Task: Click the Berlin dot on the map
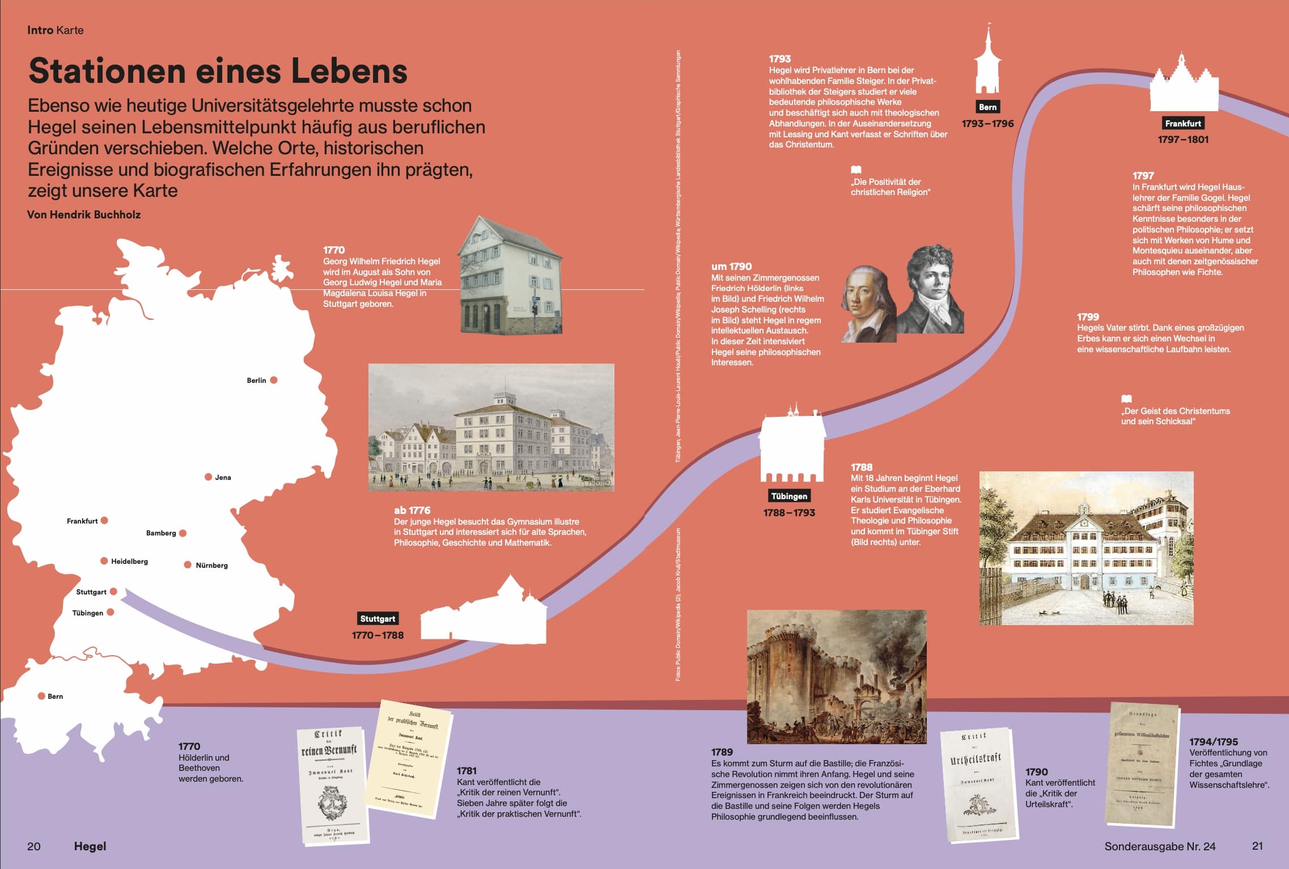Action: click(274, 380)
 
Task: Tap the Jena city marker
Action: click(208, 477)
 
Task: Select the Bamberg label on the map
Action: click(161, 533)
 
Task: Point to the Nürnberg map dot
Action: click(188, 565)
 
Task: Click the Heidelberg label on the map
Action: click(129, 562)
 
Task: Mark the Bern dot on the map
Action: click(41, 696)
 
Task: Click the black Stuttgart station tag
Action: click(378, 619)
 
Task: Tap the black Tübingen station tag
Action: click(788, 496)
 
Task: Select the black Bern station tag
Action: click(987, 107)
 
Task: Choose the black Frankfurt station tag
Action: click(1183, 124)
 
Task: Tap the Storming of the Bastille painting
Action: click(836, 676)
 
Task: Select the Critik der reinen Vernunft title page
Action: click(332, 786)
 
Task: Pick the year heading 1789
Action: click(722, 752)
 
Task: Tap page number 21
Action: click(1257, 846)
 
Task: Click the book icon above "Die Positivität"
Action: click(856, 170)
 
